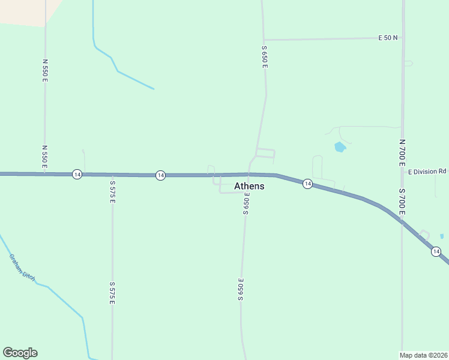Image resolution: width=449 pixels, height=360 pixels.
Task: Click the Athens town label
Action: [249, 186]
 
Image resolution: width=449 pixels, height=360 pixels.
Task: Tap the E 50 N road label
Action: [388, 38]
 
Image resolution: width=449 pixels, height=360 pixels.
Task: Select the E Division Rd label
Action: [427, 172]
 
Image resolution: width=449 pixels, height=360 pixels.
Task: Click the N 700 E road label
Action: [402, 154]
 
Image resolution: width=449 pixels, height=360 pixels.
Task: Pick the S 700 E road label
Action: [402, 202]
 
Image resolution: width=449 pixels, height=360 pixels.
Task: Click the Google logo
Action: [20, 353]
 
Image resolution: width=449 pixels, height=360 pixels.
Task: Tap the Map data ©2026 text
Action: [424, 355]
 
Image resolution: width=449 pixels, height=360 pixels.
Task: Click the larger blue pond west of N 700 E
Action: [340, 146]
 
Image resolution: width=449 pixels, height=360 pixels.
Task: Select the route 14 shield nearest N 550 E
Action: [77, 174]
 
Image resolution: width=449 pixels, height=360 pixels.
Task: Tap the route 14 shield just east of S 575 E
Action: [160, 175]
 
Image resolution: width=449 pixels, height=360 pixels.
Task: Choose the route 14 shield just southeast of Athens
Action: [307, 184]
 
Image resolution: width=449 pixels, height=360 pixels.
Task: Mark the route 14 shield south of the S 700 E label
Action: [436, 251]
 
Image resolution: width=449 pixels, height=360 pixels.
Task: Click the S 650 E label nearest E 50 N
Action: [264, 56]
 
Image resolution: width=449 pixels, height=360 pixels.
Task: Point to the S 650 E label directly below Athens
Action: [246, 204]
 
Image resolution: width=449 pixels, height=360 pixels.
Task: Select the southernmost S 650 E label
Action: [241, 289]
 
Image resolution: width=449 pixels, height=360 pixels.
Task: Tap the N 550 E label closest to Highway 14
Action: [44, 156]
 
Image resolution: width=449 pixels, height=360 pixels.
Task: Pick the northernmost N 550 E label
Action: [44, 70]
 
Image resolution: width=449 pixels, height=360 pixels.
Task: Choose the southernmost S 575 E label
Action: [112, 293]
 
